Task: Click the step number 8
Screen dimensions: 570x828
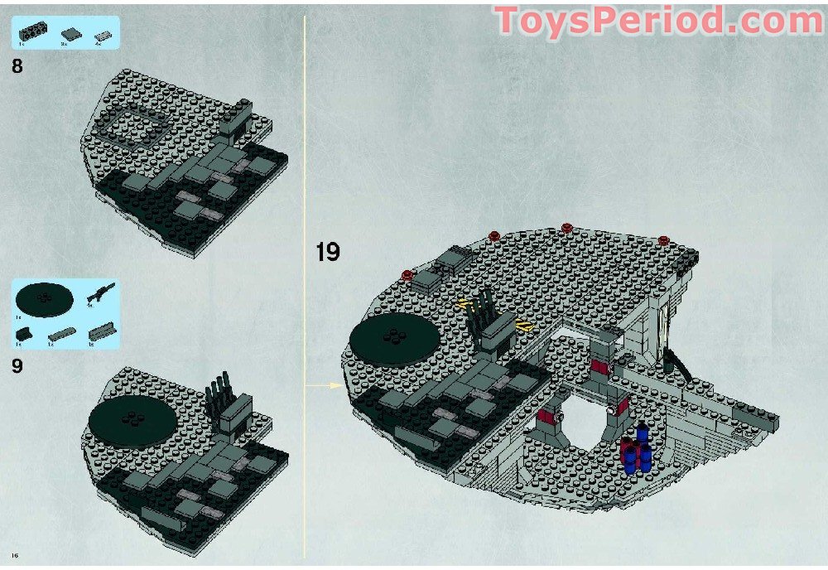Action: point(17,66)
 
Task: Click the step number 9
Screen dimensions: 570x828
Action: point(17,365)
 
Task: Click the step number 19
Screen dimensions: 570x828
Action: point(328,252)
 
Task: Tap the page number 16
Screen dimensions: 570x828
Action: point(14,553)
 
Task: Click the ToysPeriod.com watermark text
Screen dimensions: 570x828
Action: point(659,21)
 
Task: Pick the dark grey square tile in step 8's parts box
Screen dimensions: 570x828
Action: point(72,33)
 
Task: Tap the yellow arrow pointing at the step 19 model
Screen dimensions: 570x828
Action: point(334,384)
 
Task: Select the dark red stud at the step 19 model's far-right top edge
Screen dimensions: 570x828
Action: point(664,239)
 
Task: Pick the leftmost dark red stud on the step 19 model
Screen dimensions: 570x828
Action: point(407,274)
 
